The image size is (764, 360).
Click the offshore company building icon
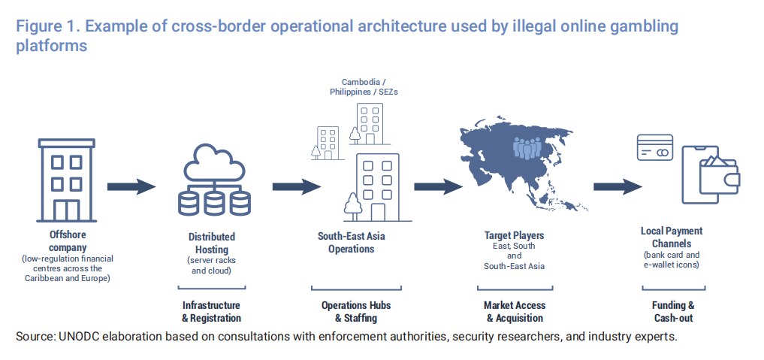click(66, 180)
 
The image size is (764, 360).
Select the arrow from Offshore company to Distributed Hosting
click(131, 186)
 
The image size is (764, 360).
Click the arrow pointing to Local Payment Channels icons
click(618, 186)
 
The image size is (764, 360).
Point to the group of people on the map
click(527, 147)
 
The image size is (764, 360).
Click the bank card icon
click(655, 147)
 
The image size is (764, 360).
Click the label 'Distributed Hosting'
click(212, 243)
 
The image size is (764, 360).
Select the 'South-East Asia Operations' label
click(352, 243)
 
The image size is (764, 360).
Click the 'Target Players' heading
click(514, 236)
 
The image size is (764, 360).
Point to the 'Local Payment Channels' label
click(672, 237)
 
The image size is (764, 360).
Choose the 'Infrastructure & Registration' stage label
click(211, 312)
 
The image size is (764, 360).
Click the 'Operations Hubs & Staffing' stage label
click(356, 312)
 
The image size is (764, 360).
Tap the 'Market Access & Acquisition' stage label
click(515, 312)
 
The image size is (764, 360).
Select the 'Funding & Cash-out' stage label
click(673, 312)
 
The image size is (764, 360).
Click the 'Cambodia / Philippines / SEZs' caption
click(364, 86)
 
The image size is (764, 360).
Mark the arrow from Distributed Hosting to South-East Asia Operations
click(297, 186)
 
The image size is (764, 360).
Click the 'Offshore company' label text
click(68, 241)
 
